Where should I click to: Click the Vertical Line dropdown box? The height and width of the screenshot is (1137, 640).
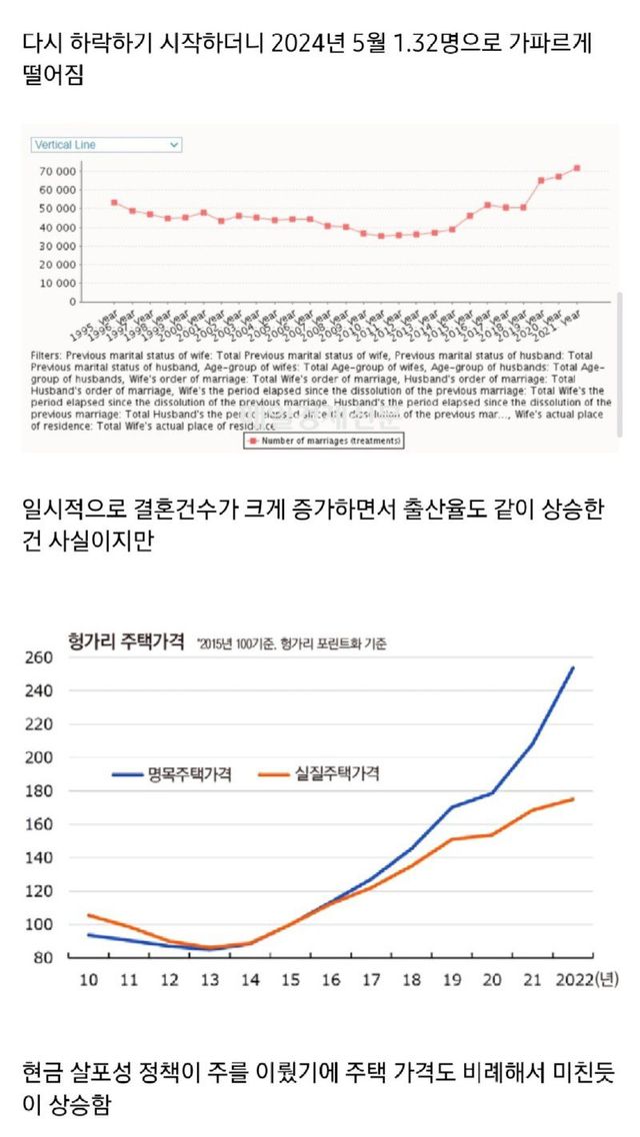pyautogui.click(x=105, y=145)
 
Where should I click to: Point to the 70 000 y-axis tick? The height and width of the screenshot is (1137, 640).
pyautogui.click(x=58, y=171)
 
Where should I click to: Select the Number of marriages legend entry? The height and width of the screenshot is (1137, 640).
pyautogui.click(x=324, y=440)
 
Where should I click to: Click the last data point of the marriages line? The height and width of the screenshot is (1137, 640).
pyautogui.click(x=577, y=168)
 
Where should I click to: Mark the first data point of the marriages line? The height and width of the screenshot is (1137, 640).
pyautogui.click(x=114, y=202)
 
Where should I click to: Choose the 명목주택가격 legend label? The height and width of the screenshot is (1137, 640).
pyautogui.click(x=189, y=774)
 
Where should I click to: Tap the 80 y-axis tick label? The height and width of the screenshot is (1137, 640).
pyautogui.click(x=41, y=958)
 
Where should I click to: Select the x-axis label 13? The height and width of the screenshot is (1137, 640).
pyautogui.click(x=211, y=980)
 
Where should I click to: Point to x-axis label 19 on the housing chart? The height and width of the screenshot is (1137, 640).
pyautogui.click(x=451, y=980)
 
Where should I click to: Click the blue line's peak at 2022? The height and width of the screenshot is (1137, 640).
pyautogui.click(x=573, y=667)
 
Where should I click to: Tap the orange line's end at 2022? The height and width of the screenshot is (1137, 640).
pyautogui.click(x=573, y=798)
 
